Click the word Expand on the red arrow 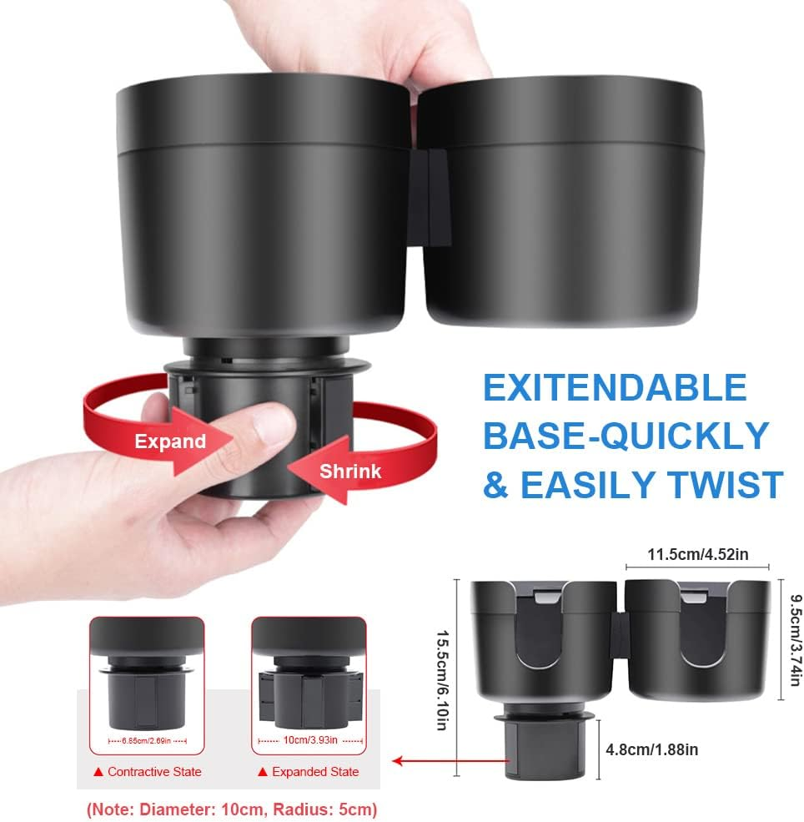click(170, 441)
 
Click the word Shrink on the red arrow click(350, 472)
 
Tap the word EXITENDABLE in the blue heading click(615, 389)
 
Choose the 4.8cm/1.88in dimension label click(651, 750)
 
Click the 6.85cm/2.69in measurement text click(148, 741)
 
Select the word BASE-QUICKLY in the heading click(626, 436)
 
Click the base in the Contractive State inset click(148, 701)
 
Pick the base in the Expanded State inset click(309, 699)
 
